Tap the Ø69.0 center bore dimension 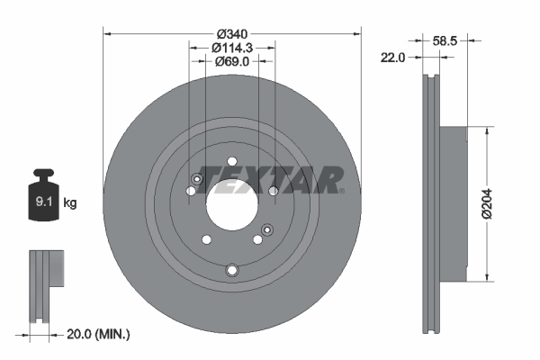(x=232, y=61)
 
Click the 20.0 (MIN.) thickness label (x=98, y=334)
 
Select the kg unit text (x=70, y=203)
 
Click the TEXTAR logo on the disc (x=270, y=178)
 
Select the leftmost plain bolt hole (x=190, y=191)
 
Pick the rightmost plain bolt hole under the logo (x=274, y=191)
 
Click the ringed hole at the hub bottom (x=232, y=270)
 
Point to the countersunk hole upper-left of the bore (x=197, y=178)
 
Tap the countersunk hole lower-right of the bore (x=266, y=232)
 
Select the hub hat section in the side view (x=453, y=202)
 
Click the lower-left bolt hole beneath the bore (x=206, y=239)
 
